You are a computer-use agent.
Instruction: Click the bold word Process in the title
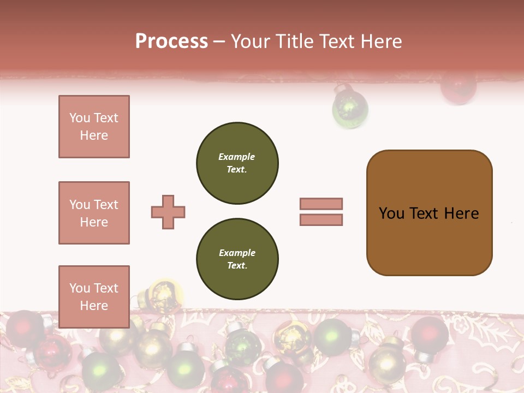[171, 41]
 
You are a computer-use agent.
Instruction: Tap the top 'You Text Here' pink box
[94, 127]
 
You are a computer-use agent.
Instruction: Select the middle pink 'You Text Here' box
[94, 213]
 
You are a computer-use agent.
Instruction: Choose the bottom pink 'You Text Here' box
[94, 297]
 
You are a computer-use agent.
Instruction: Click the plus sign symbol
[168, 212]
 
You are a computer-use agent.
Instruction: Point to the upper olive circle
[237, 163]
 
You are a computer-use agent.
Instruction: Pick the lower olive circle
[237, 259]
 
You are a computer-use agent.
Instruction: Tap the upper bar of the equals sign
[321, 204]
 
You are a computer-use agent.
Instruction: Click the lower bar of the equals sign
[321, 219]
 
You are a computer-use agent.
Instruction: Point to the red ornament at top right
[458, 87]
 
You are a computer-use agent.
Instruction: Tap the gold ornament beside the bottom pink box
[162, 295]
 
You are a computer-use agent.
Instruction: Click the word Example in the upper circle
[237, 157]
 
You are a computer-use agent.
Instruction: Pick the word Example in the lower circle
[237, 253]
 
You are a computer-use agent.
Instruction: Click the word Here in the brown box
[462, 213]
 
